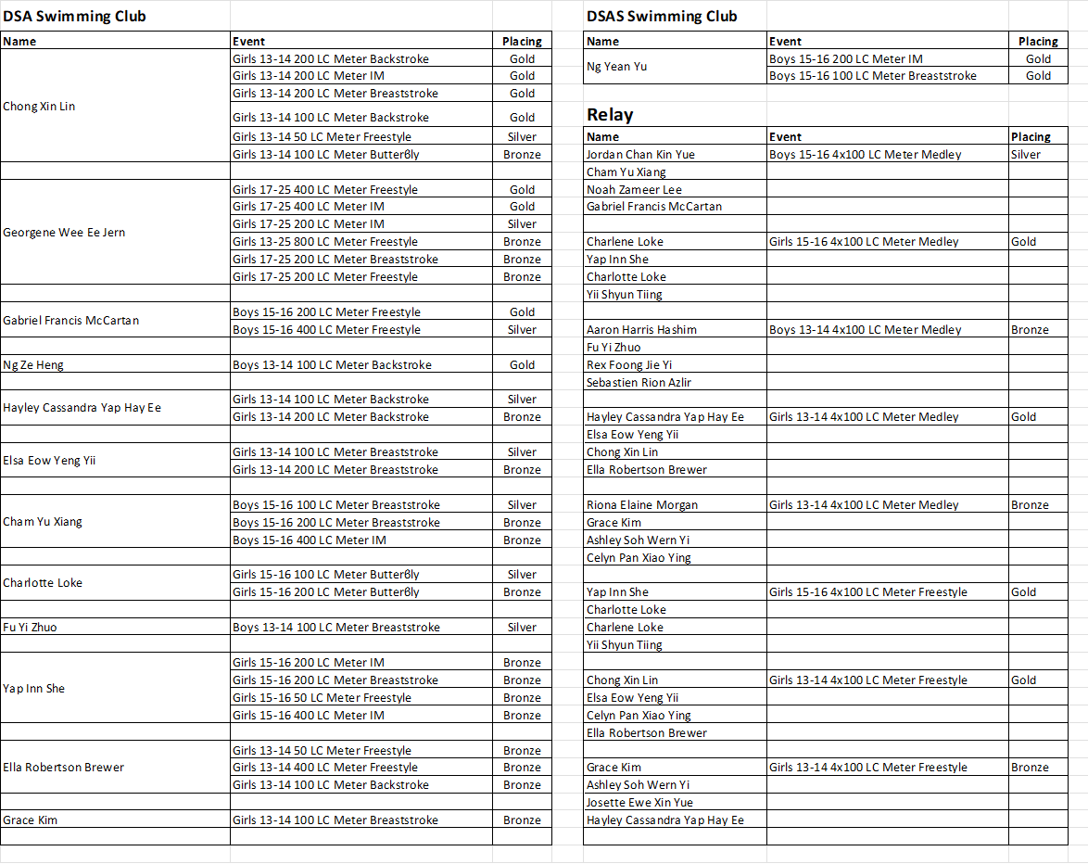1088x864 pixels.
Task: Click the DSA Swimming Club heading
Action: [x=74, y=16]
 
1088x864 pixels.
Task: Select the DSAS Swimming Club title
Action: [x=662, y=16]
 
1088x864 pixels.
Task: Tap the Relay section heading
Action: [x=610, y=115]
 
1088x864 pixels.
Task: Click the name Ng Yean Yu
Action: [x=616, y=67]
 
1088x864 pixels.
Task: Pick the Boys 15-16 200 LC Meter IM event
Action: [x=845, y=58]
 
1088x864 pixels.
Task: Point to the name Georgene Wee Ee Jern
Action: [x=63, y=233]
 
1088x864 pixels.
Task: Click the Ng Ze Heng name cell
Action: [x=33, y=365]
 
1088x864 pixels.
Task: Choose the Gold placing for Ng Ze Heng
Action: [x=522, y=365]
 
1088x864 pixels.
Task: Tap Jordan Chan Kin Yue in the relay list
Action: [x=640, y=155]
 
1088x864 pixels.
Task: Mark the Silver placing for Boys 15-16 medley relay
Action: [x=1026, y=155]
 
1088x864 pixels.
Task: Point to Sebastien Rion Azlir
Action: [x=639, y=383]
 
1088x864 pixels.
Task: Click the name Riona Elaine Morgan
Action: [x=641, y=505]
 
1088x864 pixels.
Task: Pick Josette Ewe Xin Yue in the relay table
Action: [x=639, y=803]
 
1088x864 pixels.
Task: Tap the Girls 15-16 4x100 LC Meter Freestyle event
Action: [x=867, y=592]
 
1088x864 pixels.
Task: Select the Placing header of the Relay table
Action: [x=1031, y=137]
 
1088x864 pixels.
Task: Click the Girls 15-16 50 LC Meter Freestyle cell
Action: [x=322, y=698]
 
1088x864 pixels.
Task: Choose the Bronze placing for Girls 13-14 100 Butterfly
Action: [x=522, y=155]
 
